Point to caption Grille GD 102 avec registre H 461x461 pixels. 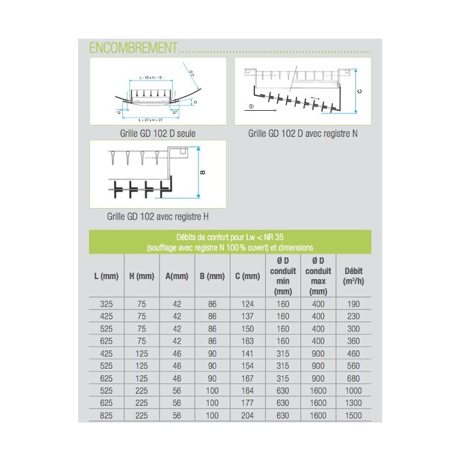(x=159, y=216)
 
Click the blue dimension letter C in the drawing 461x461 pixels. (x=360, y=92)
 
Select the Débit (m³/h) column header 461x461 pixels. (x=353, y=276)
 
